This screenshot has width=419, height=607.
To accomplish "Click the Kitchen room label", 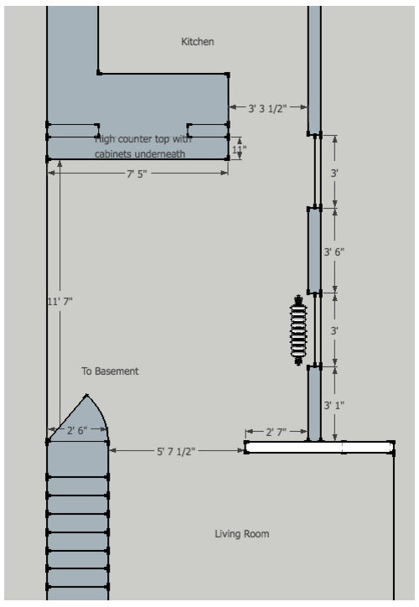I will [x=198, y=41].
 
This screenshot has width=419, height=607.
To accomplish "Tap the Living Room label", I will [x=241, y=533].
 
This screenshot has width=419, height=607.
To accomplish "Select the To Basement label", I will [x=110, y=371].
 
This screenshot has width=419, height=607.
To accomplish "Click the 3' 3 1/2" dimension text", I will [x=268, y=108].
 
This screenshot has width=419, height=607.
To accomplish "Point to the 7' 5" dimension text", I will [x=137, y=174].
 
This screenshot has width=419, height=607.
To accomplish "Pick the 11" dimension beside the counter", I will [x=239, y=150].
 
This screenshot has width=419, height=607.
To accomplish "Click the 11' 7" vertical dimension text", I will [x=59, y=300].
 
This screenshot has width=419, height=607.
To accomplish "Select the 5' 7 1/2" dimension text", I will [x=177, y=451].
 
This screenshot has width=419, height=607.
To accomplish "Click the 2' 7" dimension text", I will [x=276, y=432].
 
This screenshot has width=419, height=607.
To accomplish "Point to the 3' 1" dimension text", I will [x=334, y=405].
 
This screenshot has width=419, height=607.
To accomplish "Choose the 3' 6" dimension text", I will [x=334, y=251].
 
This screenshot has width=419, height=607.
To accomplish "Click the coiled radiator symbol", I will [x=297, y=329].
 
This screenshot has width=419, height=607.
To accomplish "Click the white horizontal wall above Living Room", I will [x=319, y=448].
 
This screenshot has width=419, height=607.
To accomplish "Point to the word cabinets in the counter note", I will [x=115, y=154].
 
